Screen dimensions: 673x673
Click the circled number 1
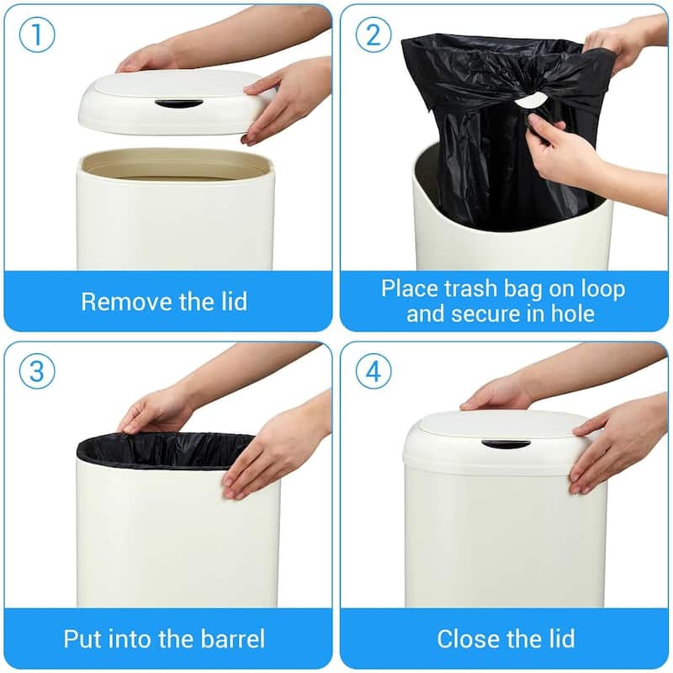click(x=36, y=35)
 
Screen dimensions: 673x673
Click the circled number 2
click(x=374, y=35)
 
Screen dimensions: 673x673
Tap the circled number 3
click(x=36, y=371)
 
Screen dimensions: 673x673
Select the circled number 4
click(x=374, y=371)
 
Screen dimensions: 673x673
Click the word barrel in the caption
click(x=235, y=639)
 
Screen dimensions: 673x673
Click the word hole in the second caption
click(x=572, y=315)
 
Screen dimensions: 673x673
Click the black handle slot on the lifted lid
click(x=178, y=103)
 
